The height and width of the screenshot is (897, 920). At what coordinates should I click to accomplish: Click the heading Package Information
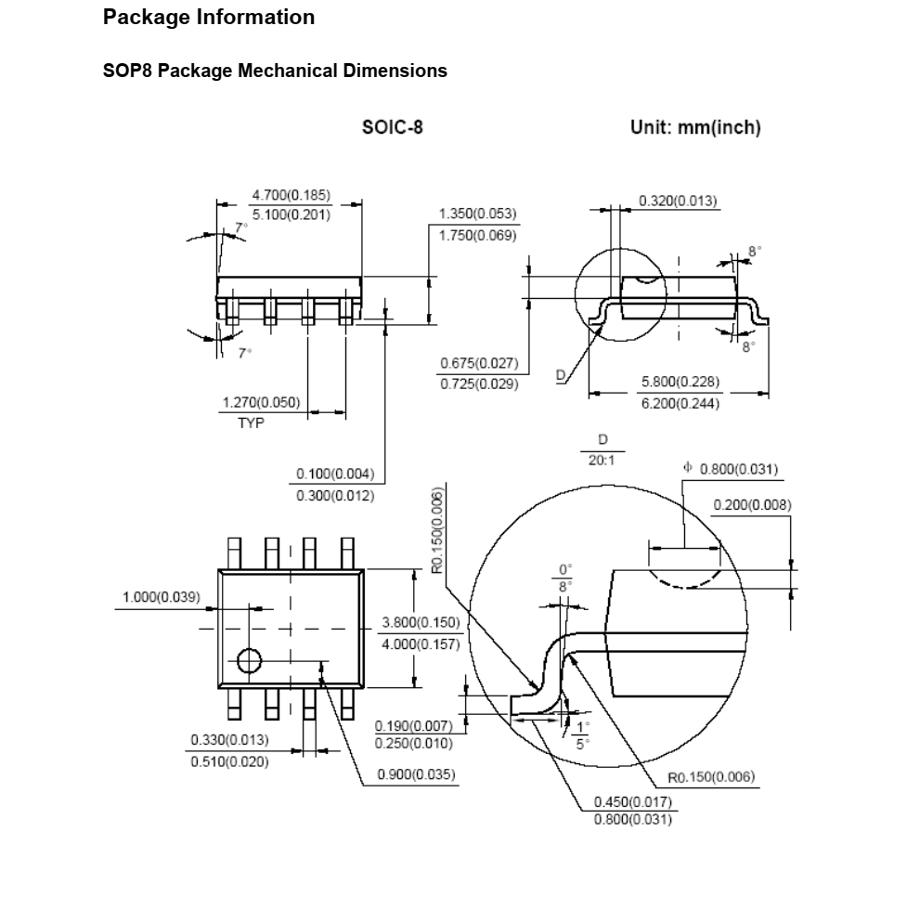(209, 18)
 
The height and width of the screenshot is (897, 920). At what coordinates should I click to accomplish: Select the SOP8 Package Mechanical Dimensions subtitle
(275, 71)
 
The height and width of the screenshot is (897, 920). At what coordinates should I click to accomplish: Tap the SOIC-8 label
(392, 127)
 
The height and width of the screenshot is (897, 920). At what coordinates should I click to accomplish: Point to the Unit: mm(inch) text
(695, 127)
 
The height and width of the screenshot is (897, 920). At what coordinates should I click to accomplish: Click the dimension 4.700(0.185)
(292, 195)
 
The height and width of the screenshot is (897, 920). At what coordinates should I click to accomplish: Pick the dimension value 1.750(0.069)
(477, 235)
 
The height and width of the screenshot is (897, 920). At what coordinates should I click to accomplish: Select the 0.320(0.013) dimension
(678, 201)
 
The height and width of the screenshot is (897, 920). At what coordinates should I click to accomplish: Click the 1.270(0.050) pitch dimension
(261, 402)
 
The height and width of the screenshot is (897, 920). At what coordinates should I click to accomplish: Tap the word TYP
(251, 423)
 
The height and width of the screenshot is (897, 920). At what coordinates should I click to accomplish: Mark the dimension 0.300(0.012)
(335, 496)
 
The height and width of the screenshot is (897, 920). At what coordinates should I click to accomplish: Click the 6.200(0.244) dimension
(680, 403)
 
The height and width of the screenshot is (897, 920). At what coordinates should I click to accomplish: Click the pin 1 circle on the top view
(249, 660)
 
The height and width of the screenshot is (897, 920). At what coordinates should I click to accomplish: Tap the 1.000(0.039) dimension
(162, 597)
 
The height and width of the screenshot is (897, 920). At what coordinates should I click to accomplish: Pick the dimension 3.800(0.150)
(421, 622)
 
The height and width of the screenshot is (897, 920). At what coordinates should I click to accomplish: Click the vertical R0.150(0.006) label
(437, 530)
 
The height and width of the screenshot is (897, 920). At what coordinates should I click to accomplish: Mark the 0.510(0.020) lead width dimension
(229, 761)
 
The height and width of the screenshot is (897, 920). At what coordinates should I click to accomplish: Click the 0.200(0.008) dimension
(752, 505)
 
